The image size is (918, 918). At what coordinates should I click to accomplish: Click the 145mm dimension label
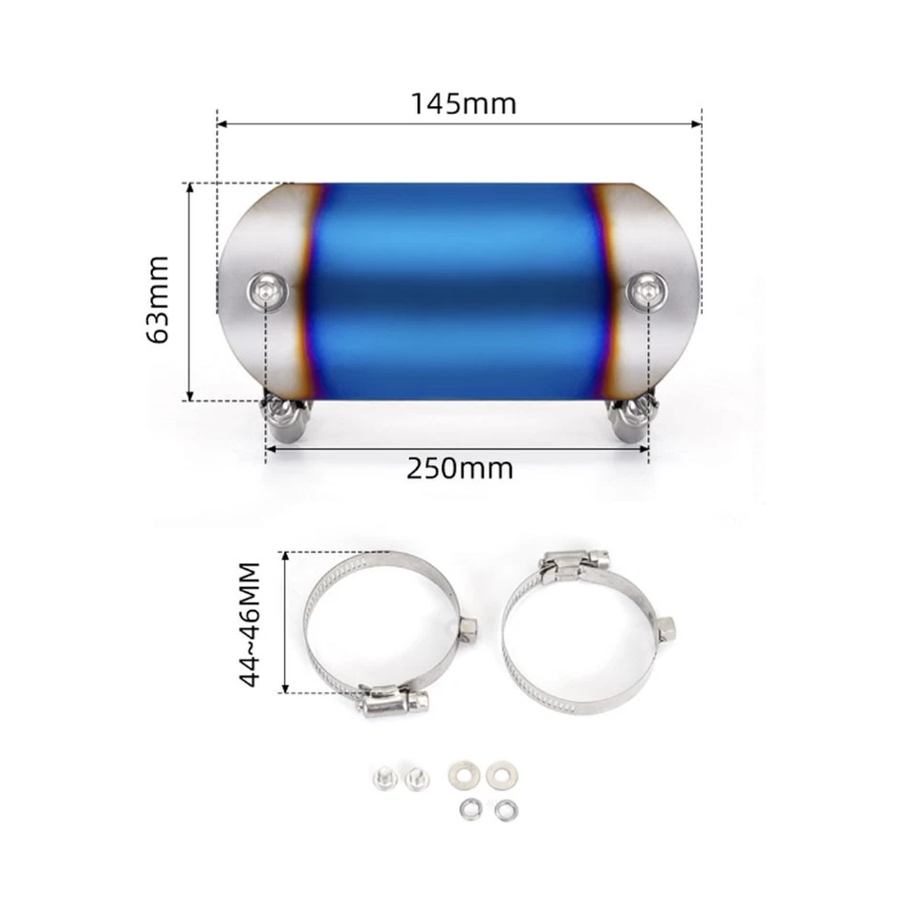tap(464, 102)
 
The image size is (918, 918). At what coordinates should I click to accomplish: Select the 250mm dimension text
tap(460, 469)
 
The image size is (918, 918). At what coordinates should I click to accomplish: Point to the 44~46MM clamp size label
tap(250, 623)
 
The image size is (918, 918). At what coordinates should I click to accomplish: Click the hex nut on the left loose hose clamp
tap(470, 627)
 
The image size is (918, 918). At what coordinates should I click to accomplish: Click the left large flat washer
tap(464, 770)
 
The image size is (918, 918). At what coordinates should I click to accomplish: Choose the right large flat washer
tap(497, 770)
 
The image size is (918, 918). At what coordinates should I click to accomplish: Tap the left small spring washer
tap(468, 808)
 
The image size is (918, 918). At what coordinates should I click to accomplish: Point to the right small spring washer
tap(501, 808)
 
